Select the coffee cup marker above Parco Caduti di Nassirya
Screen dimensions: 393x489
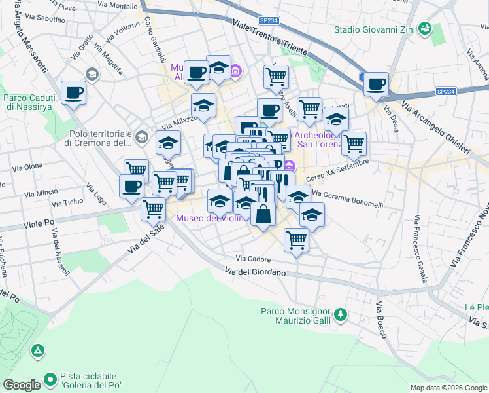pyautogui.click(x=74, y=92)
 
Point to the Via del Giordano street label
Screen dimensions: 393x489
pyautogui.click(x=256, y=272)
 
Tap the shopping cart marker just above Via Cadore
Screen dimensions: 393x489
pyautogui.click(x=296, y=240)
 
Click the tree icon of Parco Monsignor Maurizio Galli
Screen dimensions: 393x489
pyautogui.click(x=339, y=316)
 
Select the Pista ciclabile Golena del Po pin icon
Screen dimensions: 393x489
pyautogui.click(x=50, y=379)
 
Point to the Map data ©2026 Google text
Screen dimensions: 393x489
pyautogui.click(x=448, y=388)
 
